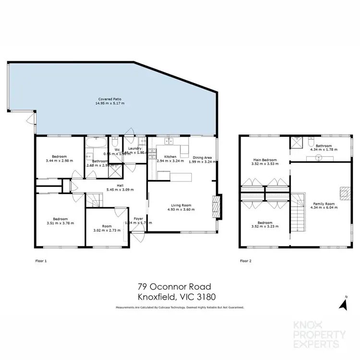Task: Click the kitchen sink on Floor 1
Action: tap(169, 141)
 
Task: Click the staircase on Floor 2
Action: tap(299, 211)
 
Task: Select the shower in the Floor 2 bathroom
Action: tap(296, 143)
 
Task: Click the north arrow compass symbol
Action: tap(344, 303)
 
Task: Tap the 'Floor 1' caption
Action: tap(42, 261)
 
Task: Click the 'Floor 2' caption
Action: tap(246, 261)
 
